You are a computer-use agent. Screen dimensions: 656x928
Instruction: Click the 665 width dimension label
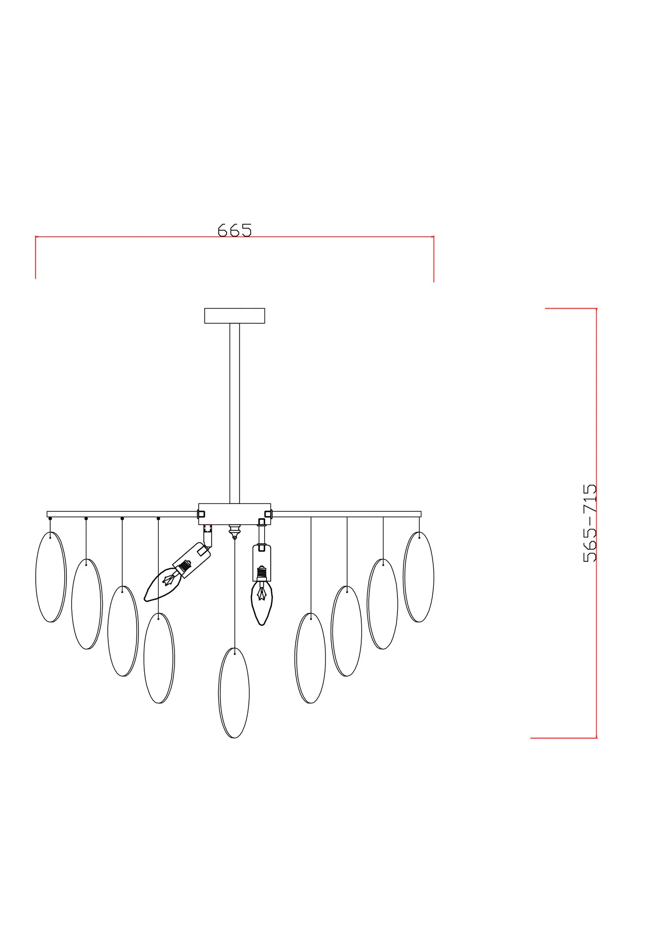pyautogui.click(x=234, y=230)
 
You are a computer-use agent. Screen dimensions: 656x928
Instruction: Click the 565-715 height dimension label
pyautogui.click(x=589, y=523)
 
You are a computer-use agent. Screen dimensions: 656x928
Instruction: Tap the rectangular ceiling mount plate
pyautogui.click(x=234, y=316)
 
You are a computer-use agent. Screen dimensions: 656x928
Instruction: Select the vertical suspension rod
pyautogui.click(x=234, y=413)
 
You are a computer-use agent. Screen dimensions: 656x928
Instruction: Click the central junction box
pyautogui.click(x=234, y=514)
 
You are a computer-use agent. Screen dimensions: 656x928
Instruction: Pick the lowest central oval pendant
pyautogui.click(x=234, y=692)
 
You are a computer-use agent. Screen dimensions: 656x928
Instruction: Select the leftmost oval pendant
pyautogui.click(x=51, y=577)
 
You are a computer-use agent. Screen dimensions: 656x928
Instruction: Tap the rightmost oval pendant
pyautogui.click(x=419, y=577)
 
